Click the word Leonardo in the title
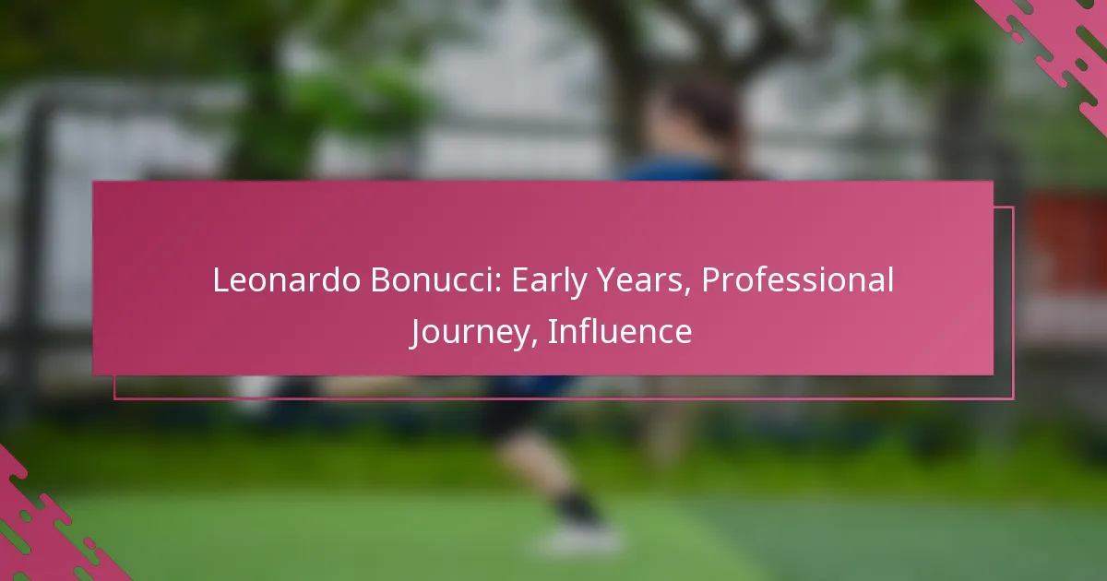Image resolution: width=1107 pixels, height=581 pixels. [x=287, y=280]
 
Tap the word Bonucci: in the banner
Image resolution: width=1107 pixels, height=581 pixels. [x=435, y=280]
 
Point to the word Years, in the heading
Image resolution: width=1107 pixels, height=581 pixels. [x=644, y=281]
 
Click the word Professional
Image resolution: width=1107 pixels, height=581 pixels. [x=798, y=280]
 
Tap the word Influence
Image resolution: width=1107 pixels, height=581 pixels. [x=620, y=331]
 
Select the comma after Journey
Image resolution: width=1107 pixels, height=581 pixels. [x=534, y=343]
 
